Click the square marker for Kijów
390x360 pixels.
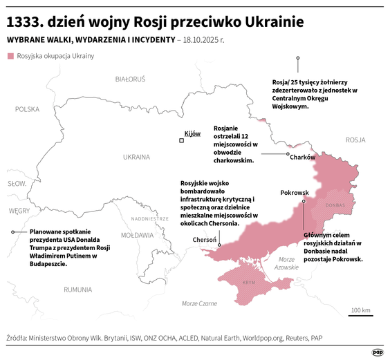pyautogui.click(x=182, y=140)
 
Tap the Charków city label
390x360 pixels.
pyautogui.click(x=302, y=158)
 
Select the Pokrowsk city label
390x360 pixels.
pyautogui.click(x=293, y=193)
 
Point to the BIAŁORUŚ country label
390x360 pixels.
pyautogui.click(x=130, y=79)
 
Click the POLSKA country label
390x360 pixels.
pyautogui.click(x=28, y=109)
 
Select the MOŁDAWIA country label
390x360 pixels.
pyautogui.click(x=136, y=235)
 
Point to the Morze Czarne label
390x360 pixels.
pyautogui.click(x=199, y=303)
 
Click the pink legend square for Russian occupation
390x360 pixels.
pyautogui.click(x=10, y=55)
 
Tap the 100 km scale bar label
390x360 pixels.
pyautogui.click(x=360, y=309)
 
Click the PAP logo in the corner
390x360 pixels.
pyautogui.click(x=378, y=352)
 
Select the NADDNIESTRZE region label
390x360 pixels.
pyautogui.click(x=149, y=218)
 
